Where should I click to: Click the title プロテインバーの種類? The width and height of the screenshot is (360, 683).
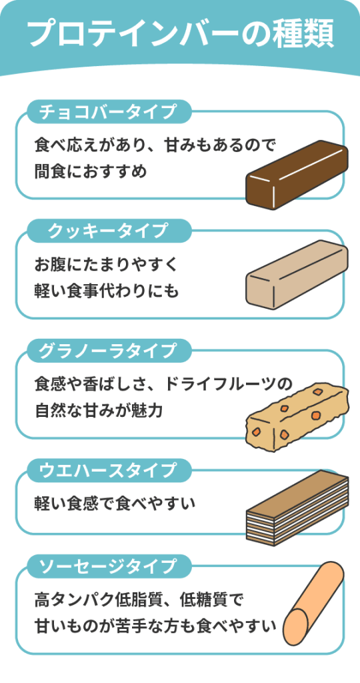pos(180,33)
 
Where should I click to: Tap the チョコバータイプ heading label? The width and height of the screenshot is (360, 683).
pos(109,112)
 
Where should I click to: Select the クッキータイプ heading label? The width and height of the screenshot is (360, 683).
pos(109,231)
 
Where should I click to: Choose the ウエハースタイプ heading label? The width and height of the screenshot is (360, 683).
pos(109,470)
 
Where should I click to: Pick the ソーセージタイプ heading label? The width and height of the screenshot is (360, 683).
pos(109,566)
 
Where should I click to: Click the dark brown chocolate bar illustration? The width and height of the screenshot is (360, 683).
pos(297,175)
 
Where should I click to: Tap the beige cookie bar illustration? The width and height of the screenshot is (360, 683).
pos(297,275)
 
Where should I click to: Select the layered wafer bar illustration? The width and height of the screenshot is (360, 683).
pos(297,508)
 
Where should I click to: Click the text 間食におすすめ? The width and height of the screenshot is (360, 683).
pos(91,171)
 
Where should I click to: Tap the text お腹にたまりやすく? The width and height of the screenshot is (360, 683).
pos(106,264)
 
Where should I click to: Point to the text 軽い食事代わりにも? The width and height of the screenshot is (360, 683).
pos(106,291)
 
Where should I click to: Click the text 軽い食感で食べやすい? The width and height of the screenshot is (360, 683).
pos(115,504)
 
